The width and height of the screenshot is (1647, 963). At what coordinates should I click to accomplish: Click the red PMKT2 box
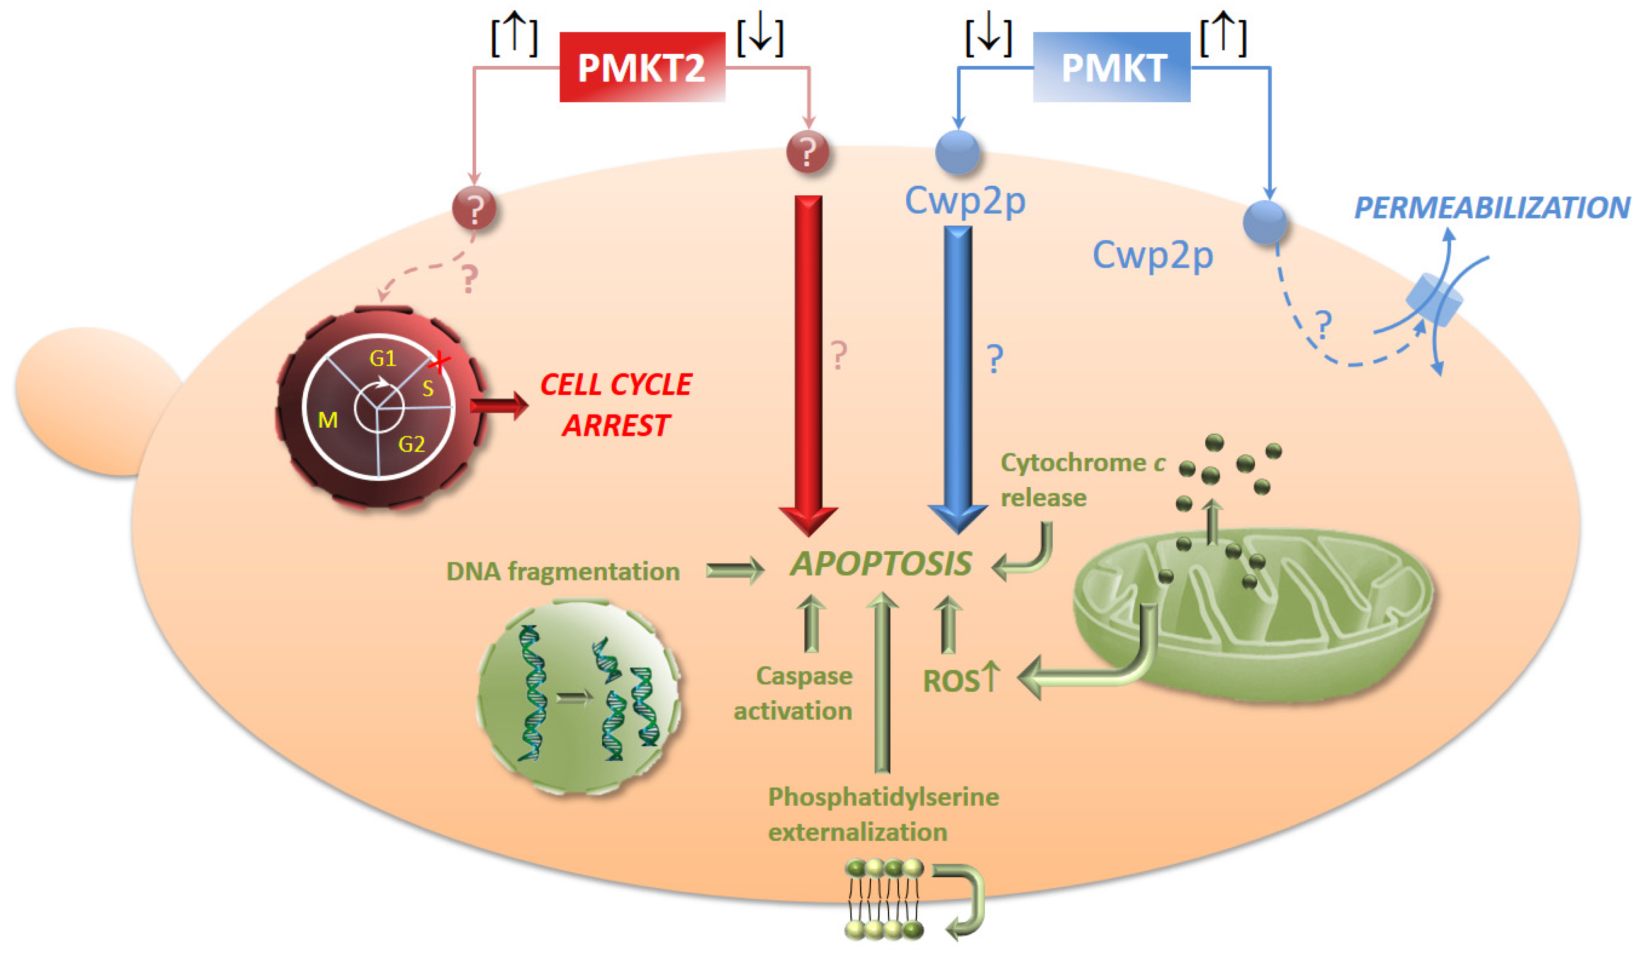pyautogui.click(x=642, y=67)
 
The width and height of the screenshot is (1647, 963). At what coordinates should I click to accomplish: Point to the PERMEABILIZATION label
pyautogui.click(x=1491, y=208)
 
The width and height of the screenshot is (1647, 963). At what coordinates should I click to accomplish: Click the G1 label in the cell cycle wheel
pyautogui.click(x=383, y=358)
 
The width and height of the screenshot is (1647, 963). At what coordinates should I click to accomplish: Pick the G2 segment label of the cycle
pyautogui.click(x=411, y=445)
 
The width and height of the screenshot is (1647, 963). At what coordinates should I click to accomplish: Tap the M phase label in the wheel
pyautogui.click(x=327, y=420)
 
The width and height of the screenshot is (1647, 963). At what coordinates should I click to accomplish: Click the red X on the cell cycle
pyautogui.click(x=441, y=360)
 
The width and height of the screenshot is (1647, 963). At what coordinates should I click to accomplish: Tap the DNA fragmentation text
pyautogui.click(x=563, y=571)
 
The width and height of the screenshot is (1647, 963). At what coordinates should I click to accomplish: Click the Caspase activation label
pyautogui.click(x=793, y=693)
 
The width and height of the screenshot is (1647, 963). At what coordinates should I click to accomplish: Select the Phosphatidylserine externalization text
pyautogui.click(x=882, y=814)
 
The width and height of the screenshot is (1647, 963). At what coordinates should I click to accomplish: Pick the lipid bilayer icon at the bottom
pyautogui.click(x=884, y=899)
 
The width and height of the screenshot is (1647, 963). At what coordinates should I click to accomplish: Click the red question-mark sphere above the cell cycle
pyautogui.click(x=474, y=209)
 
